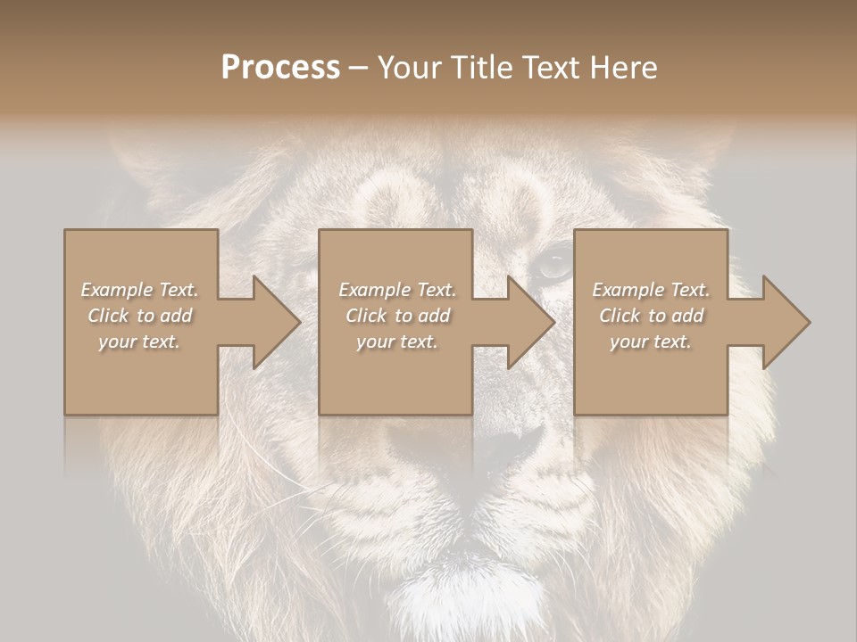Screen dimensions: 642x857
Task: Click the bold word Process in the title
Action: pyautogui.click(x=280, y=68)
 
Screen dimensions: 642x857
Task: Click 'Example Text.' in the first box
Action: pyautogui.click(x=139, y=290)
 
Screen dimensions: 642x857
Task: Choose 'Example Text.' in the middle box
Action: pyautogui.click(x=396, y=290)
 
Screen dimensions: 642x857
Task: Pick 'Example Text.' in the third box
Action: pyautogui.click(x=651, y=290)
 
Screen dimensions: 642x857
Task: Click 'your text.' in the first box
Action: pyautogui.click(x=139, y=342)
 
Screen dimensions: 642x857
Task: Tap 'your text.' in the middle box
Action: pyautogui.click(x=396, y=342)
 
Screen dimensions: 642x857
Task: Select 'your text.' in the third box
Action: pyautogui.click(x=651, y=342)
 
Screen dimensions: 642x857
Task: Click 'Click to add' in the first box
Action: pyautogui.click(x=139, y=316)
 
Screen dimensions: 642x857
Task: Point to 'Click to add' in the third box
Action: pyautogui.click(x=651, y=316)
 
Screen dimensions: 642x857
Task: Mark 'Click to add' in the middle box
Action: pyautogui.click(x=396, y=316)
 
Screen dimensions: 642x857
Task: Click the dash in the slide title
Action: pyautogui.click(x=359, y=69)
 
